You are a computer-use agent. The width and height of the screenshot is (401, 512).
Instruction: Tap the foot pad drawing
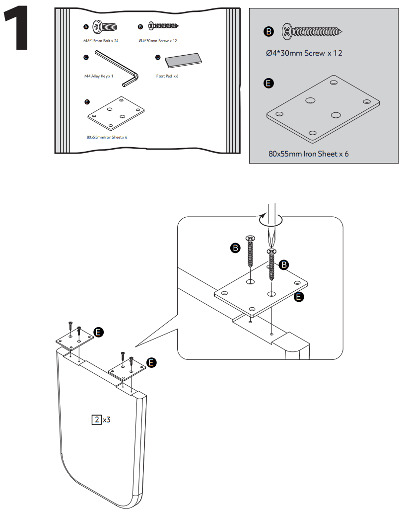tap(184, 61)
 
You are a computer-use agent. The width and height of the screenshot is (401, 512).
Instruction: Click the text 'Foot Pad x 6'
tap(167, 76)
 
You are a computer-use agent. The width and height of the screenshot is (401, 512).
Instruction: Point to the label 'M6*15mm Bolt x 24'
tap(101, 40)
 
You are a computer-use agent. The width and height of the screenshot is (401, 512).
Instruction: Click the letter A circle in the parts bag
tap(86, 26)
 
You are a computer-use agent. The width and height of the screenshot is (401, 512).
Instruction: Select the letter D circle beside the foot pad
tap(158, 58)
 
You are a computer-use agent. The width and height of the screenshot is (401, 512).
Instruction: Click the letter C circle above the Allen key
tap(86, 58)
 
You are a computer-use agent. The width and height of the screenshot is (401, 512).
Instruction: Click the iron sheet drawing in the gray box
tap(323, 108)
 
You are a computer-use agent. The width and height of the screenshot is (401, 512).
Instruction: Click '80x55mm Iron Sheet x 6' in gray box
tap(308, 154)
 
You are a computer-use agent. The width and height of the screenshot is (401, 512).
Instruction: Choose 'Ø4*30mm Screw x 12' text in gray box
tap(304, 53)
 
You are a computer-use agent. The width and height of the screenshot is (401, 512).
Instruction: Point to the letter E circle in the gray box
tap(268, 83)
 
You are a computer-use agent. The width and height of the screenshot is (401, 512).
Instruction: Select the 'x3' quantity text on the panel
tap(106, 420)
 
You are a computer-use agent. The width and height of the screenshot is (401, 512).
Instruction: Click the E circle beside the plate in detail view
tap(299, 297)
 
